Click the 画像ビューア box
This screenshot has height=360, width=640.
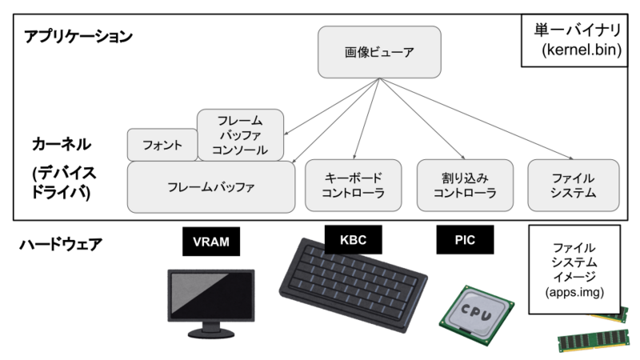pyautogui.click(x=379, y=52)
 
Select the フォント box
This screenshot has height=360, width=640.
pyautogui.click(x=162, y=145)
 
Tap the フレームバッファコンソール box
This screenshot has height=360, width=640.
pyautogui.click(x=241, y=135)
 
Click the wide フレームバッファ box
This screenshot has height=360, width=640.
pyautogui.click(x=211, y=187)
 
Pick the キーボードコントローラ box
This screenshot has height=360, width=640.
pyautogui.click(x=354, y=186)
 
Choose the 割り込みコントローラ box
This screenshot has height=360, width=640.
pyautogui.click(x=465, y=186)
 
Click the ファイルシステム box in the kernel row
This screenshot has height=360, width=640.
pyautogui.click(x=574, y=186)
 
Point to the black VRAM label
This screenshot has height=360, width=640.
pyautogui.click(x=211, y=242)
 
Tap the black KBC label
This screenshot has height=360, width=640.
pyautogui.click(x=354, y=239)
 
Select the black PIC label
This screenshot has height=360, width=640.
pyautogui.click(x=465, y=239)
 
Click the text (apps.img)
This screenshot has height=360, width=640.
pyautogui.click(x=574, y=292)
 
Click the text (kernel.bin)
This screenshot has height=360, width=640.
pyautogui.click(x=582, y=50)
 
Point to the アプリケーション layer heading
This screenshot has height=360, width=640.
pyautogui.click(x=78, y=36)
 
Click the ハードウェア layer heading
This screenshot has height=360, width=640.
pyautogui.click(x=61, y=245)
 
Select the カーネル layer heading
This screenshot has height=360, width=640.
pyautogui.click(x=62, y=144)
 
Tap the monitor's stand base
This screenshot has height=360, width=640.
pyautogui.click(x=211, y=334)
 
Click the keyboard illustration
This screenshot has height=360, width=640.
pyautogui.click(x=353, y=285)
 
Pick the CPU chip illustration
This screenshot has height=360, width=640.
pyautogui.click(x=477, y=315)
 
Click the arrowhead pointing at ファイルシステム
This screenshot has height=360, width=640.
pyautogui.click(x=571, y=158)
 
